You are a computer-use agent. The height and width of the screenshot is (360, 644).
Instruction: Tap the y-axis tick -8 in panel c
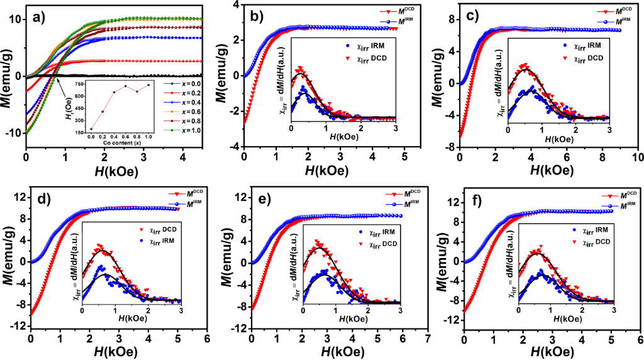451,147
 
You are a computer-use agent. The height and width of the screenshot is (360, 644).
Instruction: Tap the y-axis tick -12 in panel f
452,327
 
